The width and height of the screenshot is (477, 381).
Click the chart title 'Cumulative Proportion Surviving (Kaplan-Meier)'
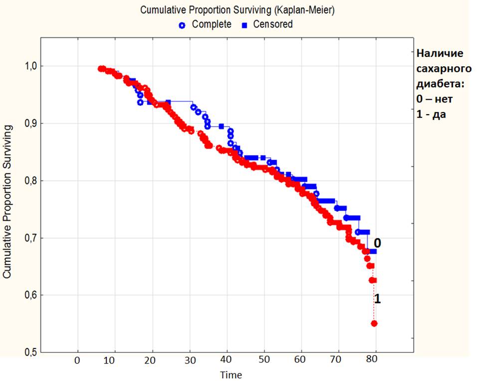(x=237, y=9)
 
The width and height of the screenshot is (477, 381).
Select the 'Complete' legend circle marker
(x=182, y=24)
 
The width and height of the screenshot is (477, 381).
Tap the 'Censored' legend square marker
(x=244, y=24)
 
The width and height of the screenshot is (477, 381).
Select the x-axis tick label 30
(x=189, y=361)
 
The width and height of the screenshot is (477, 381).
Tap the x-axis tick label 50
(x=263, y=361)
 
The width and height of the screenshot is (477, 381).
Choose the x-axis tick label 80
(x=375, y=361)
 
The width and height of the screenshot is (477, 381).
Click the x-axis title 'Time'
(x=232, y=375)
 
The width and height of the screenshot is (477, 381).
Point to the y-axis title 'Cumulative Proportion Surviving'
(x=7, y=202)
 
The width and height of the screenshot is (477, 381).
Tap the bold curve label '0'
(x=378, y=243)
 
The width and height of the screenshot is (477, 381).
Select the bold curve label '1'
(x=378, y=299)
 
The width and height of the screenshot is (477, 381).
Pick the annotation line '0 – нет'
(x=435, y=99)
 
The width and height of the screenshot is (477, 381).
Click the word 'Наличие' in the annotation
(x=440, y=53)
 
